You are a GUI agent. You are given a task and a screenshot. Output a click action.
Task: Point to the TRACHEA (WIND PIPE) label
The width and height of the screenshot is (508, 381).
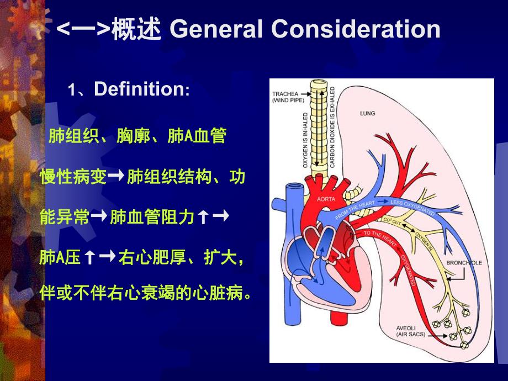(x=285, y=97)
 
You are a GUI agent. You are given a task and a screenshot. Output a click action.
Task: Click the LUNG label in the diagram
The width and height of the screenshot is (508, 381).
(x=367, y=113)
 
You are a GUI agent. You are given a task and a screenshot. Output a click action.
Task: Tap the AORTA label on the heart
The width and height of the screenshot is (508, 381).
(x=325, y=198)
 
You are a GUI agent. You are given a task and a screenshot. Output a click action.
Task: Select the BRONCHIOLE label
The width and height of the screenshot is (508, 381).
(x=464, y=263)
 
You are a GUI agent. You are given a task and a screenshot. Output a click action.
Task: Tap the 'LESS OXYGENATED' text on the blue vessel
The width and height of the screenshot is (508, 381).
(x=411, y=207)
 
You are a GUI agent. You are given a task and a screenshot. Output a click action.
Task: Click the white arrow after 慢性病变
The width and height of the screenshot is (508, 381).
(x=117, y=176)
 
